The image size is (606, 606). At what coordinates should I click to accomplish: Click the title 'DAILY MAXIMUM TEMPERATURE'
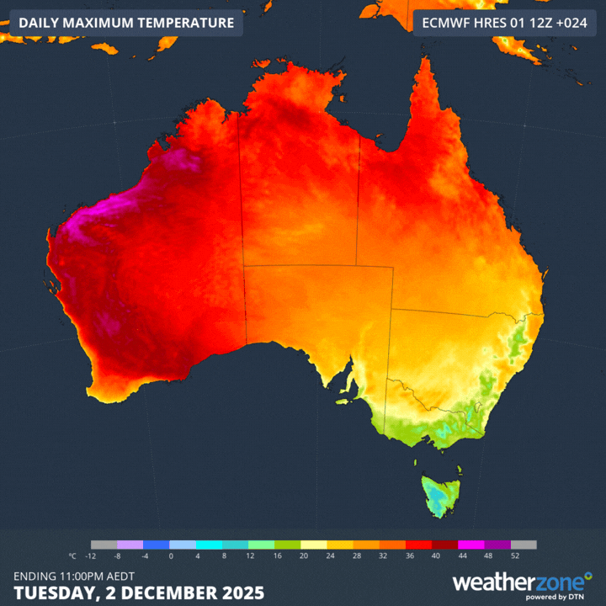pyautogui.click(x=126, y=23)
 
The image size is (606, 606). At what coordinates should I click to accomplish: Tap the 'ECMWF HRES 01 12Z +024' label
pyautogui.click(x=503, y=23)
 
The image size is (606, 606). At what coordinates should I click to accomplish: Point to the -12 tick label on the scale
pyautogui.click(x=91, y=556)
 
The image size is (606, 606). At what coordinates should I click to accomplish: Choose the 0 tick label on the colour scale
pyautogui.click(x=170, y=556)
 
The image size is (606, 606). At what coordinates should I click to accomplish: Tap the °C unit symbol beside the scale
pyautogui.click(x=72, y=556)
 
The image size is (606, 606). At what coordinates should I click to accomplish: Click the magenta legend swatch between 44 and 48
pyautogui.click(x=470, y=545)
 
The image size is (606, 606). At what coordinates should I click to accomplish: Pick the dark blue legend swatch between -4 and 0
pyautogui.click(x=157, y=545)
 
